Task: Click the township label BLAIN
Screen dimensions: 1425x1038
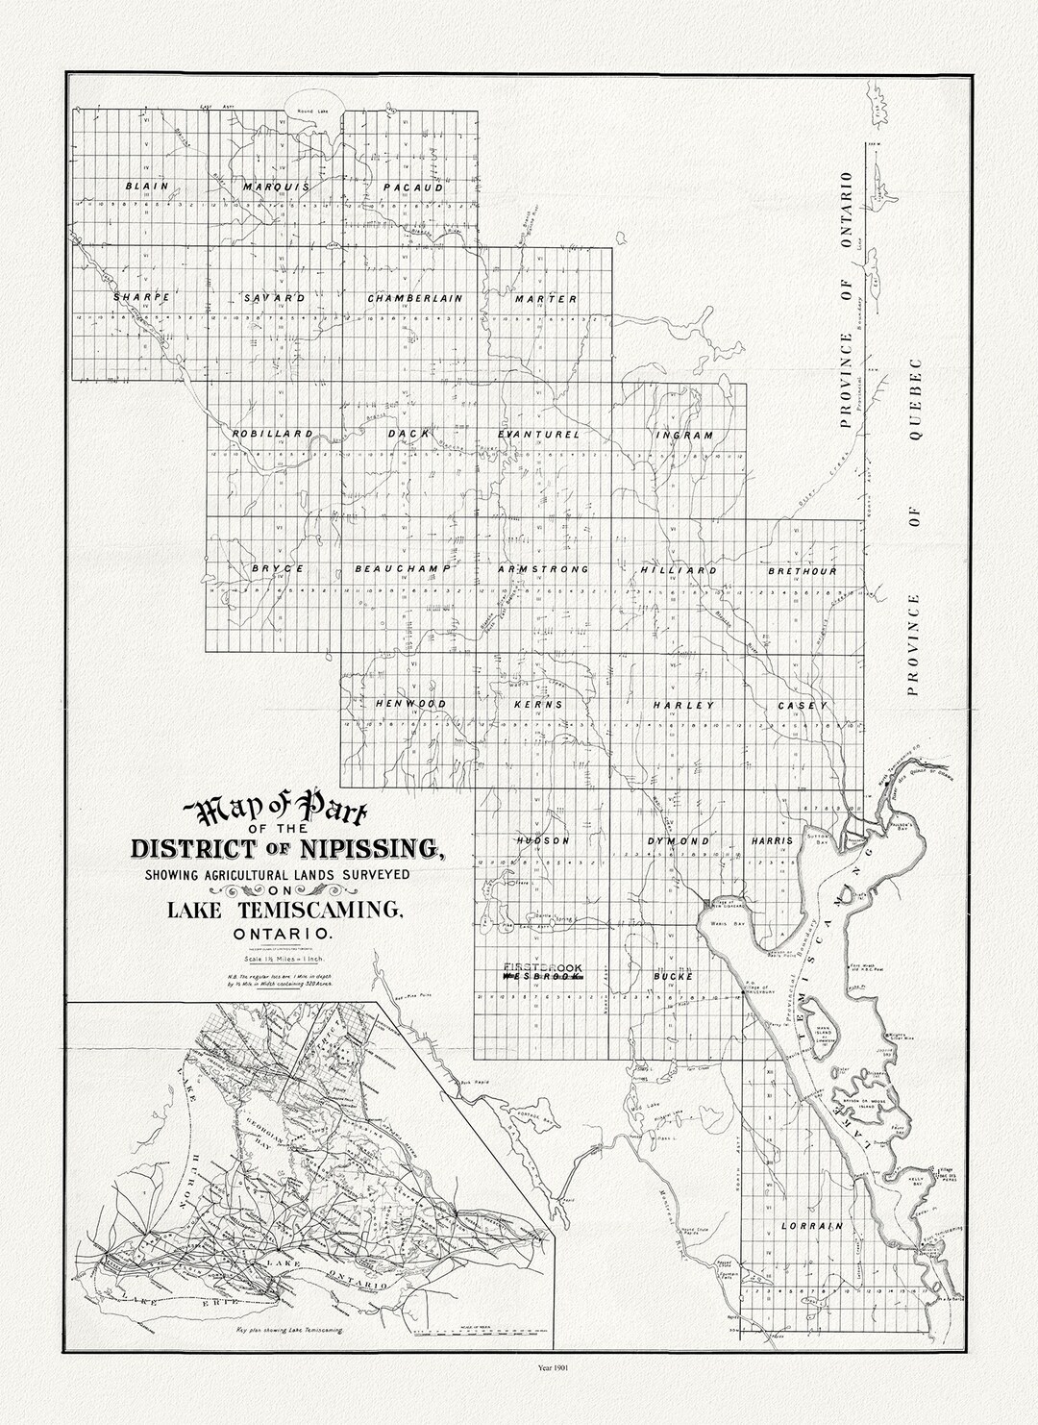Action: (147, 186)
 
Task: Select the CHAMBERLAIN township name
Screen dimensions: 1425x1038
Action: (415, 298)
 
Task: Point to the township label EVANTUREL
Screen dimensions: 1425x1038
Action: (539, 435)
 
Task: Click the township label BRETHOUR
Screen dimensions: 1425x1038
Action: (803, 571)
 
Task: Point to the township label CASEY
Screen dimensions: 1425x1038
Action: (803, 706)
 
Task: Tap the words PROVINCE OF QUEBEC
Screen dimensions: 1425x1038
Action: (914, 526)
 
